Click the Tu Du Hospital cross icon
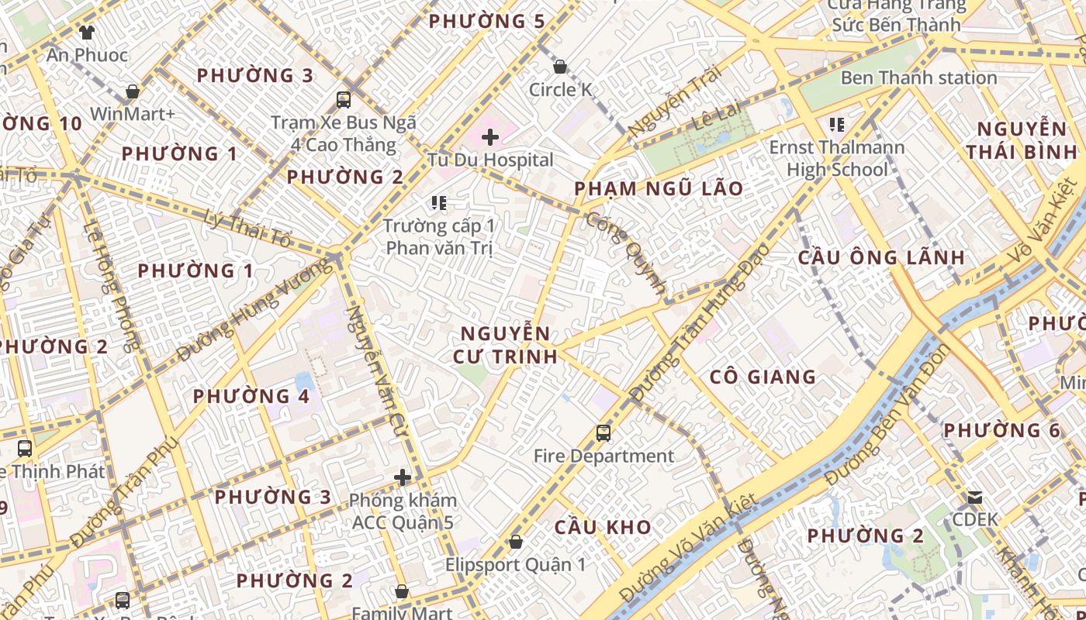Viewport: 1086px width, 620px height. (489, 138)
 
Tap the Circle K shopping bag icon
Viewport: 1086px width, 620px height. (559, 67)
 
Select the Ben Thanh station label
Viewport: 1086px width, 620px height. (918, 77)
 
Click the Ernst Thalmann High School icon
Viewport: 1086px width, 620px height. (836, 124)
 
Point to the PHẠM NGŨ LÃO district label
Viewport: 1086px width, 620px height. (659, 188)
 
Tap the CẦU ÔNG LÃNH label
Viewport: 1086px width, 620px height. (881, 257)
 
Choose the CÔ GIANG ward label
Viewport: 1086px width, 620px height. (763, 377)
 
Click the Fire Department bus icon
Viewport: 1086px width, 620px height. (604, 433)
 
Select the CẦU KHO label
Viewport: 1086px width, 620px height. (603, 527)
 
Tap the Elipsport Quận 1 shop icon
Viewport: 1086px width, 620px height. (515, 542)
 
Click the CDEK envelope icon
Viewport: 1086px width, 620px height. (974, 497)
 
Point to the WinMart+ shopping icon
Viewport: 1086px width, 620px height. (133, 91)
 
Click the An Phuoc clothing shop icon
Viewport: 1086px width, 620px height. (86, 32)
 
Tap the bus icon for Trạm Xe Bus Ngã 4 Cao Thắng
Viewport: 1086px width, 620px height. (343, 99)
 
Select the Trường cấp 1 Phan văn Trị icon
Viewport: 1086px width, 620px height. (439, 203)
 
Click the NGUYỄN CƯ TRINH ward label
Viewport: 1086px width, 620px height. (509, 345)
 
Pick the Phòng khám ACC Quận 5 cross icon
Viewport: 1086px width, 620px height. (402, 477)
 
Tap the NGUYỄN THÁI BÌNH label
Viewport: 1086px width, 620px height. (1022, 140)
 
